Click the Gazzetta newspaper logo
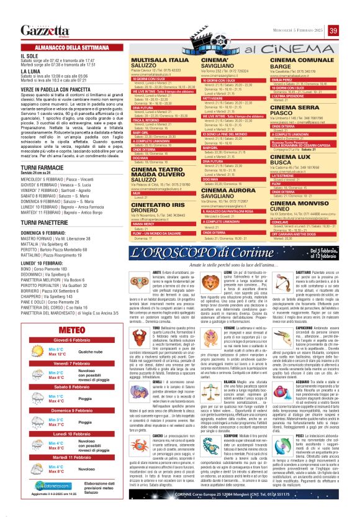tap(44, 31)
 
